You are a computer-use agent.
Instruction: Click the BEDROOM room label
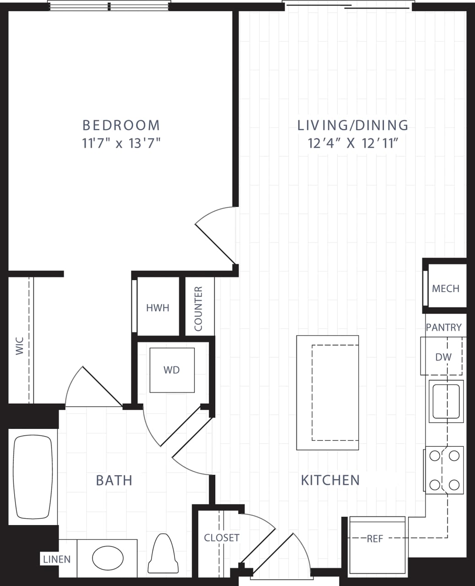(x=121, y=125)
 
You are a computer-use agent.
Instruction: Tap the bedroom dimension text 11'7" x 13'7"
(x=121, y=144)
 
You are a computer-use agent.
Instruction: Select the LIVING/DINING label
(x=353, y=125)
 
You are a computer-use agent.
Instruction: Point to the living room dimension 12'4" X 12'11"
(x=352, y=144)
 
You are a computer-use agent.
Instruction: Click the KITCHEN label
(x=330, y=480)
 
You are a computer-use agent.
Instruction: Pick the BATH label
(x=114, y=480)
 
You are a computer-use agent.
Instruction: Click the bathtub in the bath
(x=33, y=476)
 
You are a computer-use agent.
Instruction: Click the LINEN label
(x=57, y=559)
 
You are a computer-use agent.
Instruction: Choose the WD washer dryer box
(x=172, y=370)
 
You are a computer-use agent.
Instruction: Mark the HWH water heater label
(x=158, y=308)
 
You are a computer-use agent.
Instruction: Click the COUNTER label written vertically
(x=198, y=309)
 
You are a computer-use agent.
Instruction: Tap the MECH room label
(x=445, y=288)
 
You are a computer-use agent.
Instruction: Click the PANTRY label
(x=443, y=327)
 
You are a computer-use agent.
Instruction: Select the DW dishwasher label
(x=443, y=357)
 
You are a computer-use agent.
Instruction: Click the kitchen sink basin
(x=446, y=401)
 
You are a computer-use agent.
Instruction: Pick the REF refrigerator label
(x=375, y=539)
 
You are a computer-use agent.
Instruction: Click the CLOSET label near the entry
(x=222, y=537)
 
